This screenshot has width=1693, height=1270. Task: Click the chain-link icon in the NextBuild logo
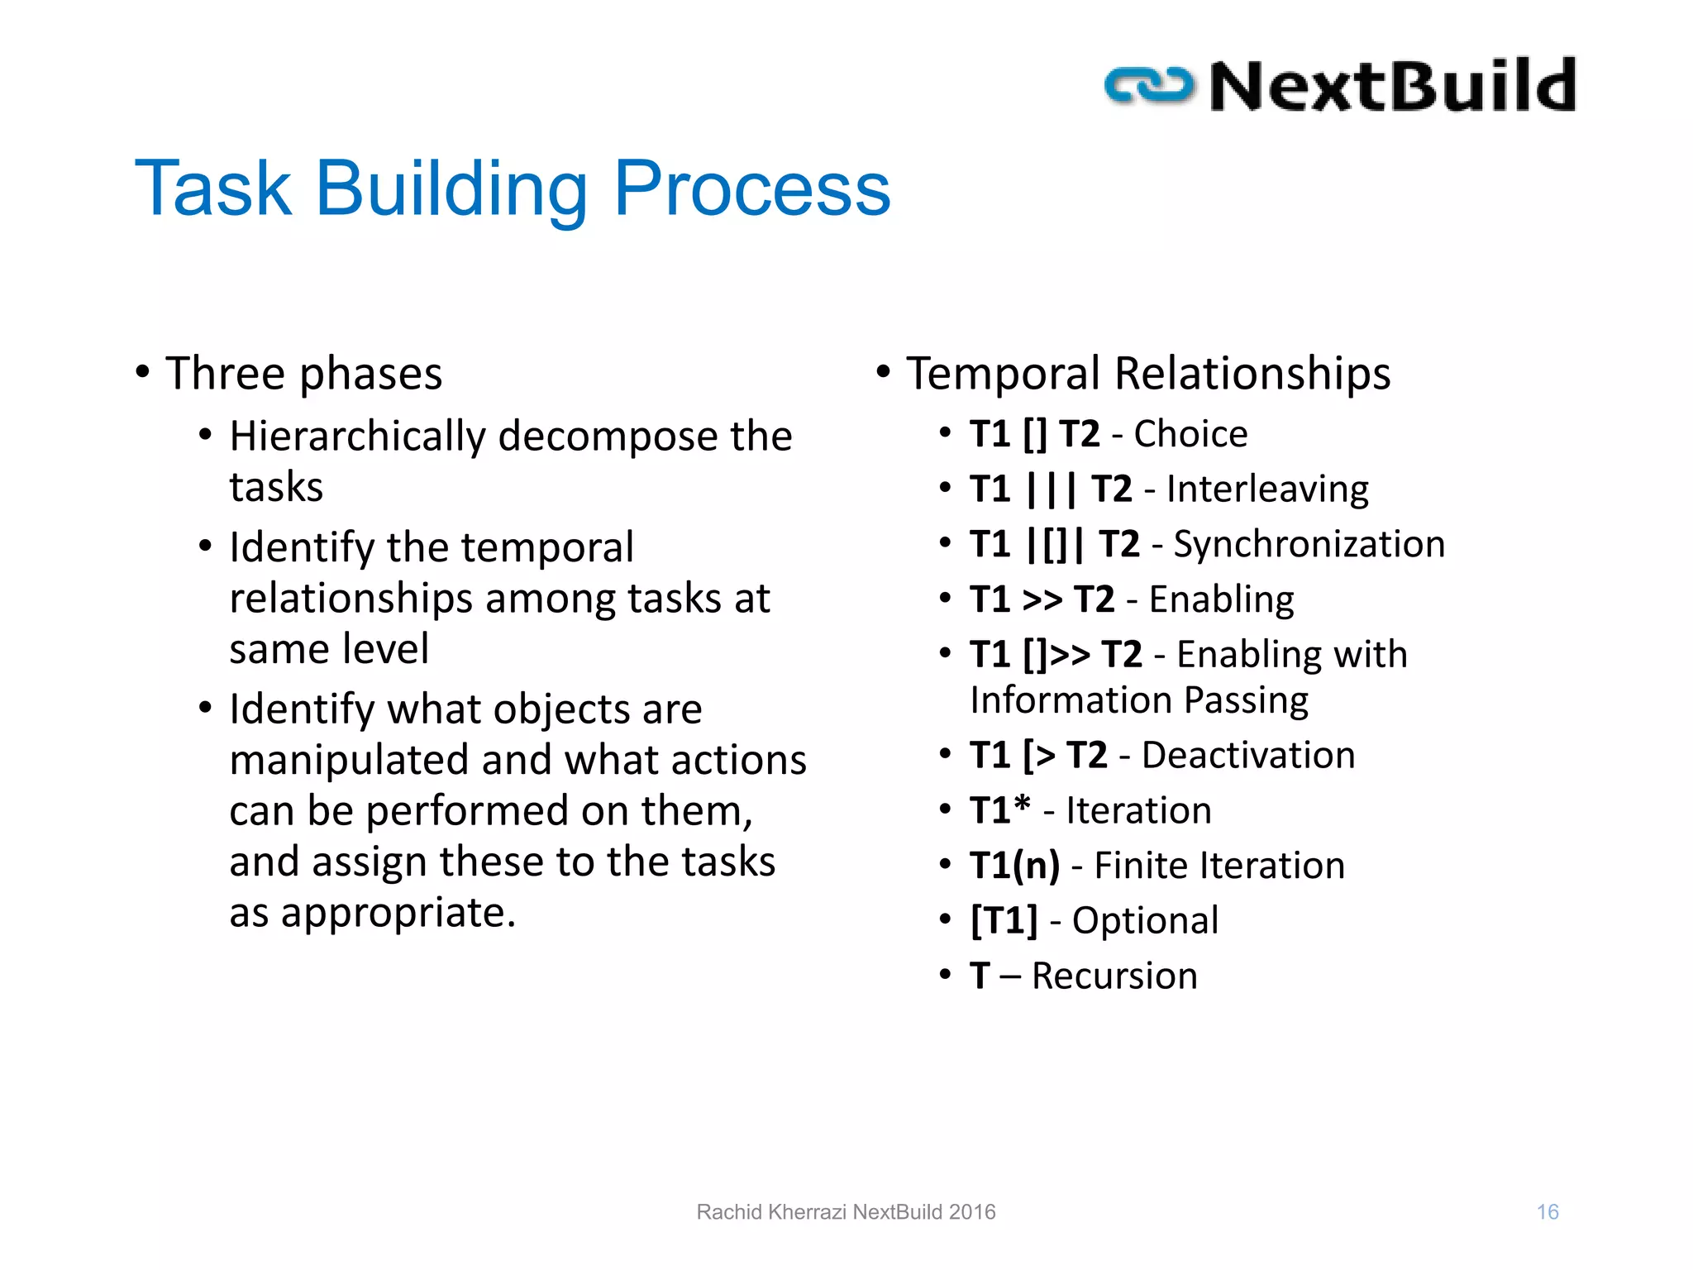click(1149, 86)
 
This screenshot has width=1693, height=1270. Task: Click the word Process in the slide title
click(751, 190)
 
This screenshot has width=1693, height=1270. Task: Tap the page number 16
click(1548, 1212)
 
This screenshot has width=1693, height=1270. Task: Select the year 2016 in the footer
click(972, 1212)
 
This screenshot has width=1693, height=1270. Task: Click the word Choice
click(1190, 434)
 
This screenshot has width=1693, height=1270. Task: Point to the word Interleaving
click(1267, 489)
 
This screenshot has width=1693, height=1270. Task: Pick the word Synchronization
click(1309, 544)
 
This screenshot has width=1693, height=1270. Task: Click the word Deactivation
click(1248, 756)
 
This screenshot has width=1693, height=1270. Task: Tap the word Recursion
click(1114, 976)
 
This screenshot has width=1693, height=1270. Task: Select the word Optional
click(1145, 921)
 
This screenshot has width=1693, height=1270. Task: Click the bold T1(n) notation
click(1014, 866)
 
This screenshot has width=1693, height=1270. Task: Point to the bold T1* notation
click(1000, 810)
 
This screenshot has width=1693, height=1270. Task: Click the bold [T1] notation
click(1004, 921)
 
